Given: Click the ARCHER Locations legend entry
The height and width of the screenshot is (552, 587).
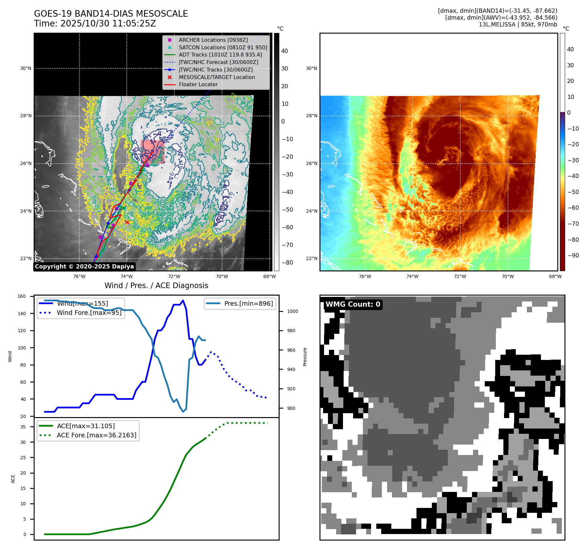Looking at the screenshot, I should tap(213, 40).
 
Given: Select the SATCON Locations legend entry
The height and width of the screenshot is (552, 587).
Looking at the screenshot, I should tap(223, 47).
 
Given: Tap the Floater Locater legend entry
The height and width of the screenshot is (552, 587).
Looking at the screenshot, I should tap(198, 84).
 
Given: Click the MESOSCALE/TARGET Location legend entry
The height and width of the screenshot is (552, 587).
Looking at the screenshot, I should tap(217, 77).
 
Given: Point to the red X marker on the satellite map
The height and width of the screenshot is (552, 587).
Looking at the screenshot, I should tap(127, 222).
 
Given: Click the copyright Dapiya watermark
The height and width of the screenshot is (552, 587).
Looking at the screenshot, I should tap(84, 267).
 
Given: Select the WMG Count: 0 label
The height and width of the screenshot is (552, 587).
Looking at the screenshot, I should tap(353, 304).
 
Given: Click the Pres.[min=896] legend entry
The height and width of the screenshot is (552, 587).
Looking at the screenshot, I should tap(248, 303).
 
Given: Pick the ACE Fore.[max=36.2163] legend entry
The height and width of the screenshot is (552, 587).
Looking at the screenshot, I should tap(96, 435).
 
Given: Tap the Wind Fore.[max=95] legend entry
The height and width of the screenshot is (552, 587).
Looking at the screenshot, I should tap(89, 313).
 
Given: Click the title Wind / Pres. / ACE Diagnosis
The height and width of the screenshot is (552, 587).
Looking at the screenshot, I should tap(156, 285).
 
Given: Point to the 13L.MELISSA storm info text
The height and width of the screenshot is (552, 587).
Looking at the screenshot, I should tap(518, 24).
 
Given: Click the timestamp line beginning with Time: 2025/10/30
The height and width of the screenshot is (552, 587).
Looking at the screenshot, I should tap(95, 24).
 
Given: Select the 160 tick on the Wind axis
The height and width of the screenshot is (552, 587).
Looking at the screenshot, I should tap(22, 296).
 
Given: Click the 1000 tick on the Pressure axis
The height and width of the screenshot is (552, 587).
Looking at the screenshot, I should tap(292, 311).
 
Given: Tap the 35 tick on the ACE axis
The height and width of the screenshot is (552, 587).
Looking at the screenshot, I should tap(23, 427).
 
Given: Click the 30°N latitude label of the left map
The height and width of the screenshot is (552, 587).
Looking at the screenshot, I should tap(26, 69).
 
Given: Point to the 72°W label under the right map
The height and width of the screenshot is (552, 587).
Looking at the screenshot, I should tap(460, 276).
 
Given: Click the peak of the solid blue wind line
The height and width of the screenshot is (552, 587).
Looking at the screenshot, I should tap(183, 300).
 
